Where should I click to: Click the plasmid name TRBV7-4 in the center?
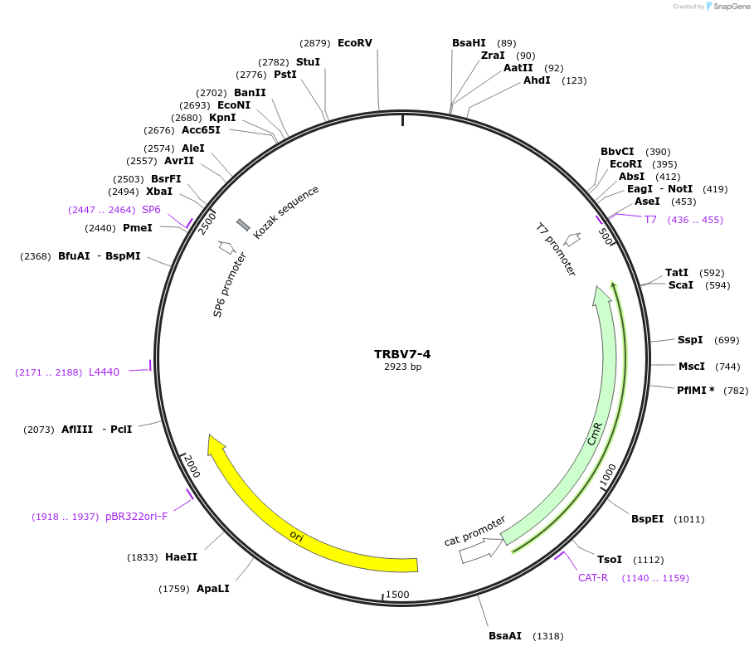pos(402,354)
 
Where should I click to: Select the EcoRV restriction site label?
pos(355,43)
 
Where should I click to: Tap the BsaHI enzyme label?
pos(469,43)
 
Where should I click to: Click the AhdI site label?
pos(537,80)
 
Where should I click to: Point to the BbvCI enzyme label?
pos(617,152)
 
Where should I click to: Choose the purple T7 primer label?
pos(650,220)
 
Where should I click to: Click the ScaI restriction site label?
pos(681,285)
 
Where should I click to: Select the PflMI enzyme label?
pos(695,391)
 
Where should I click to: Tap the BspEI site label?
pos(647,519)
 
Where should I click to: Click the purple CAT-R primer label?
pos(593,578)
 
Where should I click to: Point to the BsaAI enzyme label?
pos(505,636)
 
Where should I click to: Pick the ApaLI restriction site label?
pos(212,589)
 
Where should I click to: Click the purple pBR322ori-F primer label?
pos(136,517)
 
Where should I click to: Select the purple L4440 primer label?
pos(104,372)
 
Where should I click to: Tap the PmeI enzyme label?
pos(137,228)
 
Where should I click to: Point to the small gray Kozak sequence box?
pos(243,225)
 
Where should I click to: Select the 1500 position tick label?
pos(398,595)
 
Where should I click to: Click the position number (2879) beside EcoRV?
pos(315,43)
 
